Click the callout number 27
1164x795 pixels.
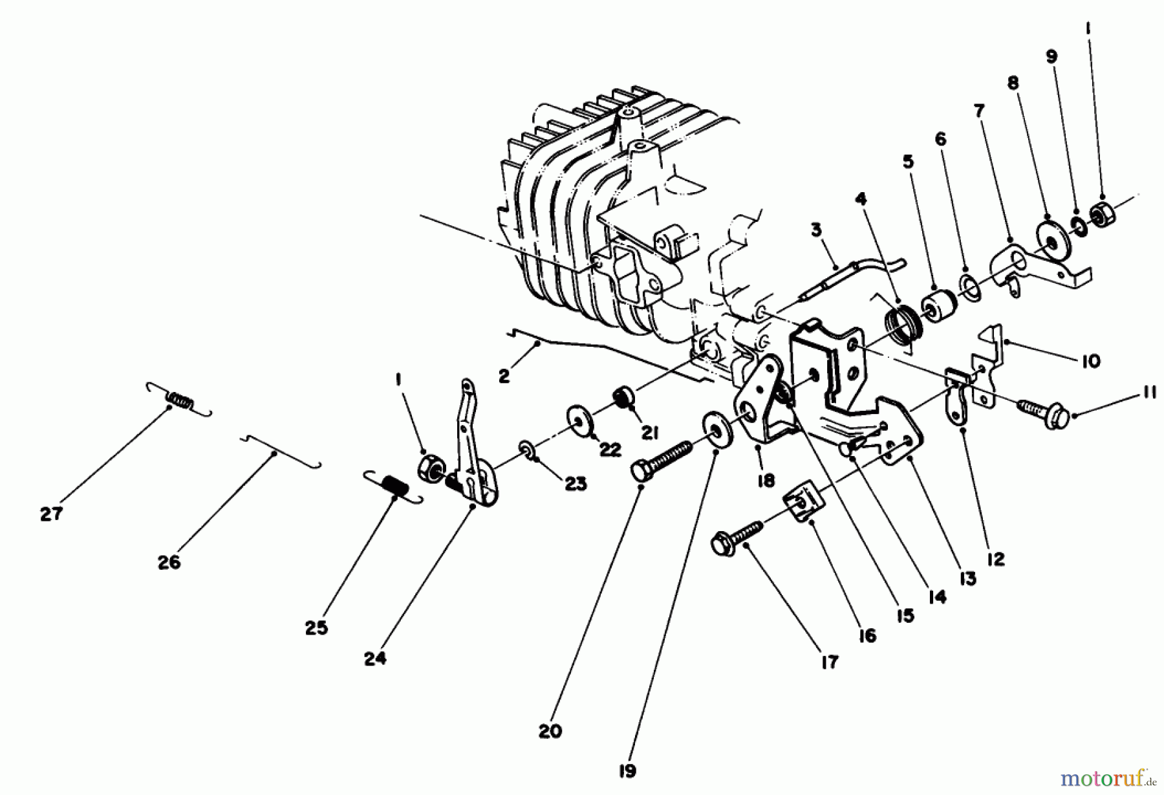tap(51, 514)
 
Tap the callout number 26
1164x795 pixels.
tap(169, 563)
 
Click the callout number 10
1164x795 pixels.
tap(1090, 360)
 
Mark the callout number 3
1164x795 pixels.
tap(816, 230)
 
